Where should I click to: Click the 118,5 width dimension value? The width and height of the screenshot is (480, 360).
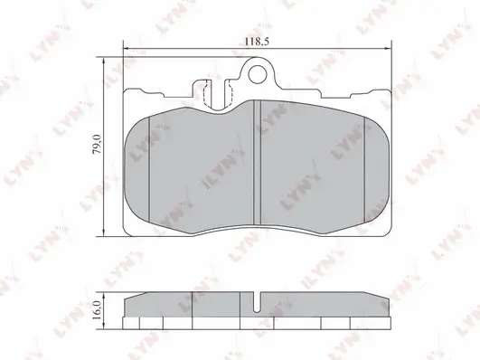tap(257, 42)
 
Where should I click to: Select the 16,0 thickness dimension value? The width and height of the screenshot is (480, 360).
tap(97, 310)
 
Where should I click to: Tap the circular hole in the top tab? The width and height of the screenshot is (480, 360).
tap(257, 74)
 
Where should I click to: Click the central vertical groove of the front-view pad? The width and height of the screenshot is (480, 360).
tap(257, 164)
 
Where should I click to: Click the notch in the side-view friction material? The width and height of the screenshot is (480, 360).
tap(257, 302)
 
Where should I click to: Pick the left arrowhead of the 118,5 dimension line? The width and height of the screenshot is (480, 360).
tap(126, 49)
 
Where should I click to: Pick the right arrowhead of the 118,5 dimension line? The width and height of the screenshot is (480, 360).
tap(389, 49)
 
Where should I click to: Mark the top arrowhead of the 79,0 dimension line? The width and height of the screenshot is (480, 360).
tap(104, 60)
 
